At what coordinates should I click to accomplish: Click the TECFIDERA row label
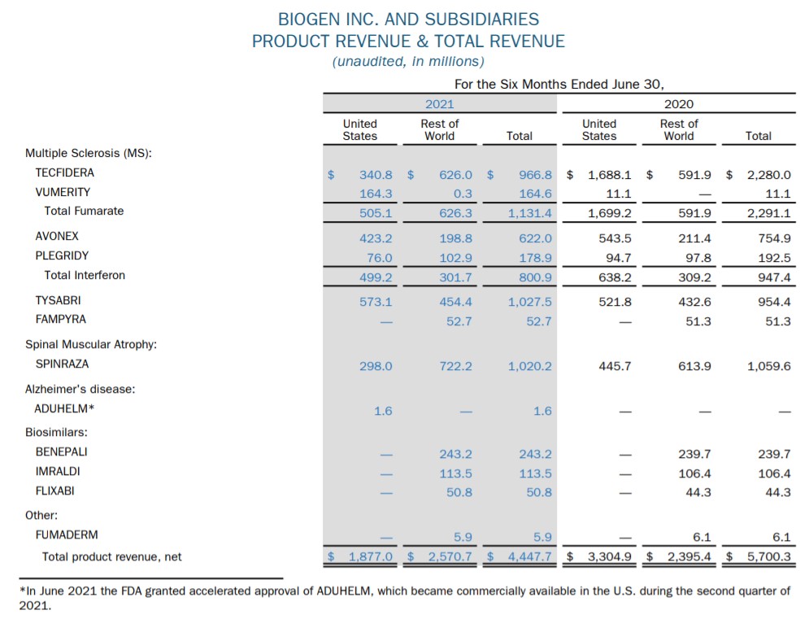click(64, 172)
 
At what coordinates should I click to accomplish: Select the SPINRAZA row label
click(62, 364)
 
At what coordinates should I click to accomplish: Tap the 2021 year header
click(440, 103)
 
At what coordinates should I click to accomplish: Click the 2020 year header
click(679, 103)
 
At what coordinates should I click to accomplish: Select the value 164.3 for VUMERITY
click(376, 194)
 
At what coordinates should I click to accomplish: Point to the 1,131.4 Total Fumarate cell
click(530, 214)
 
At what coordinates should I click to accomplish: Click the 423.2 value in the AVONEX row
click(376, 238)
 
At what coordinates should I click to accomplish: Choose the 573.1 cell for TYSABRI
click(376, 302)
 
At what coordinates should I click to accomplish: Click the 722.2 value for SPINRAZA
click(456, 366)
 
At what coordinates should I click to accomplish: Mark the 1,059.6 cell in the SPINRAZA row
click(769, 366)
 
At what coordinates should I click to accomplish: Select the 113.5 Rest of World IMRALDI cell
click(456, 473)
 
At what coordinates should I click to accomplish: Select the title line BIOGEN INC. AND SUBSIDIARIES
click(408, 18)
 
